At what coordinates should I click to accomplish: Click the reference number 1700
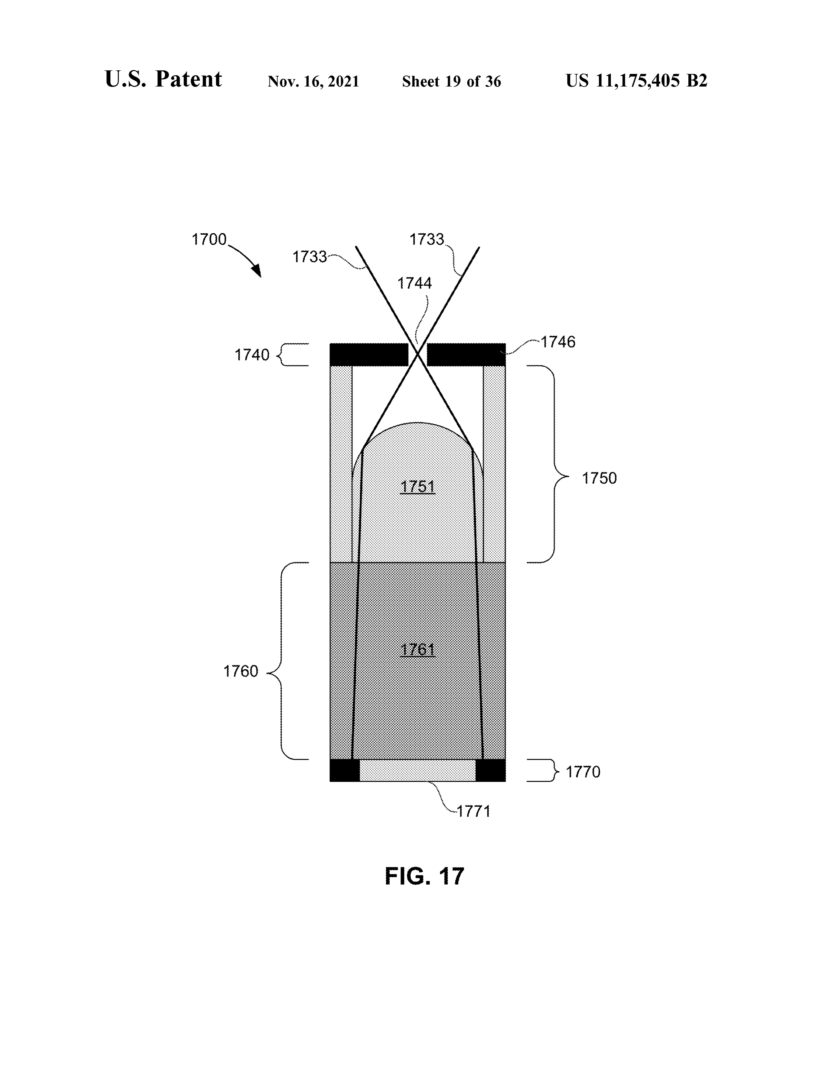tap(209, 239)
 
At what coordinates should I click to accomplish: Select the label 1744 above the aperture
tap(414, 283)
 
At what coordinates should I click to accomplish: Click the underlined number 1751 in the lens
tap(417, 487)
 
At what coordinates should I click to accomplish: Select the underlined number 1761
tap(417, 650)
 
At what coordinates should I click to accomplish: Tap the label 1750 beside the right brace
tap(599, 478)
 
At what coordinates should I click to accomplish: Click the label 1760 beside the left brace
tap(240, 672)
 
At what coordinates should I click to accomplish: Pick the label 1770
tap(583, 772)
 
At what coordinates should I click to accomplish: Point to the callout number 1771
tap(473, 811)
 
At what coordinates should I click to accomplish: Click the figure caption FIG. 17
tap(424, 876)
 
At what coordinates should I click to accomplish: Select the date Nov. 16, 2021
tap(313, 81)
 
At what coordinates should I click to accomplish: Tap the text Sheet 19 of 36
tap(452, 81)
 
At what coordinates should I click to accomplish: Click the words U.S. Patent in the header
tap(163, 79)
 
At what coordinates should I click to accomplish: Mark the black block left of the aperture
tap(369, 354)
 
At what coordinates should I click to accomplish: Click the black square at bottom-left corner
tap(345, 770)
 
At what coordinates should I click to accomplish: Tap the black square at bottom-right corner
tap(491, 770)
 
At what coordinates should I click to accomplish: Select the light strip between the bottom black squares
tap(417, 770)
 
